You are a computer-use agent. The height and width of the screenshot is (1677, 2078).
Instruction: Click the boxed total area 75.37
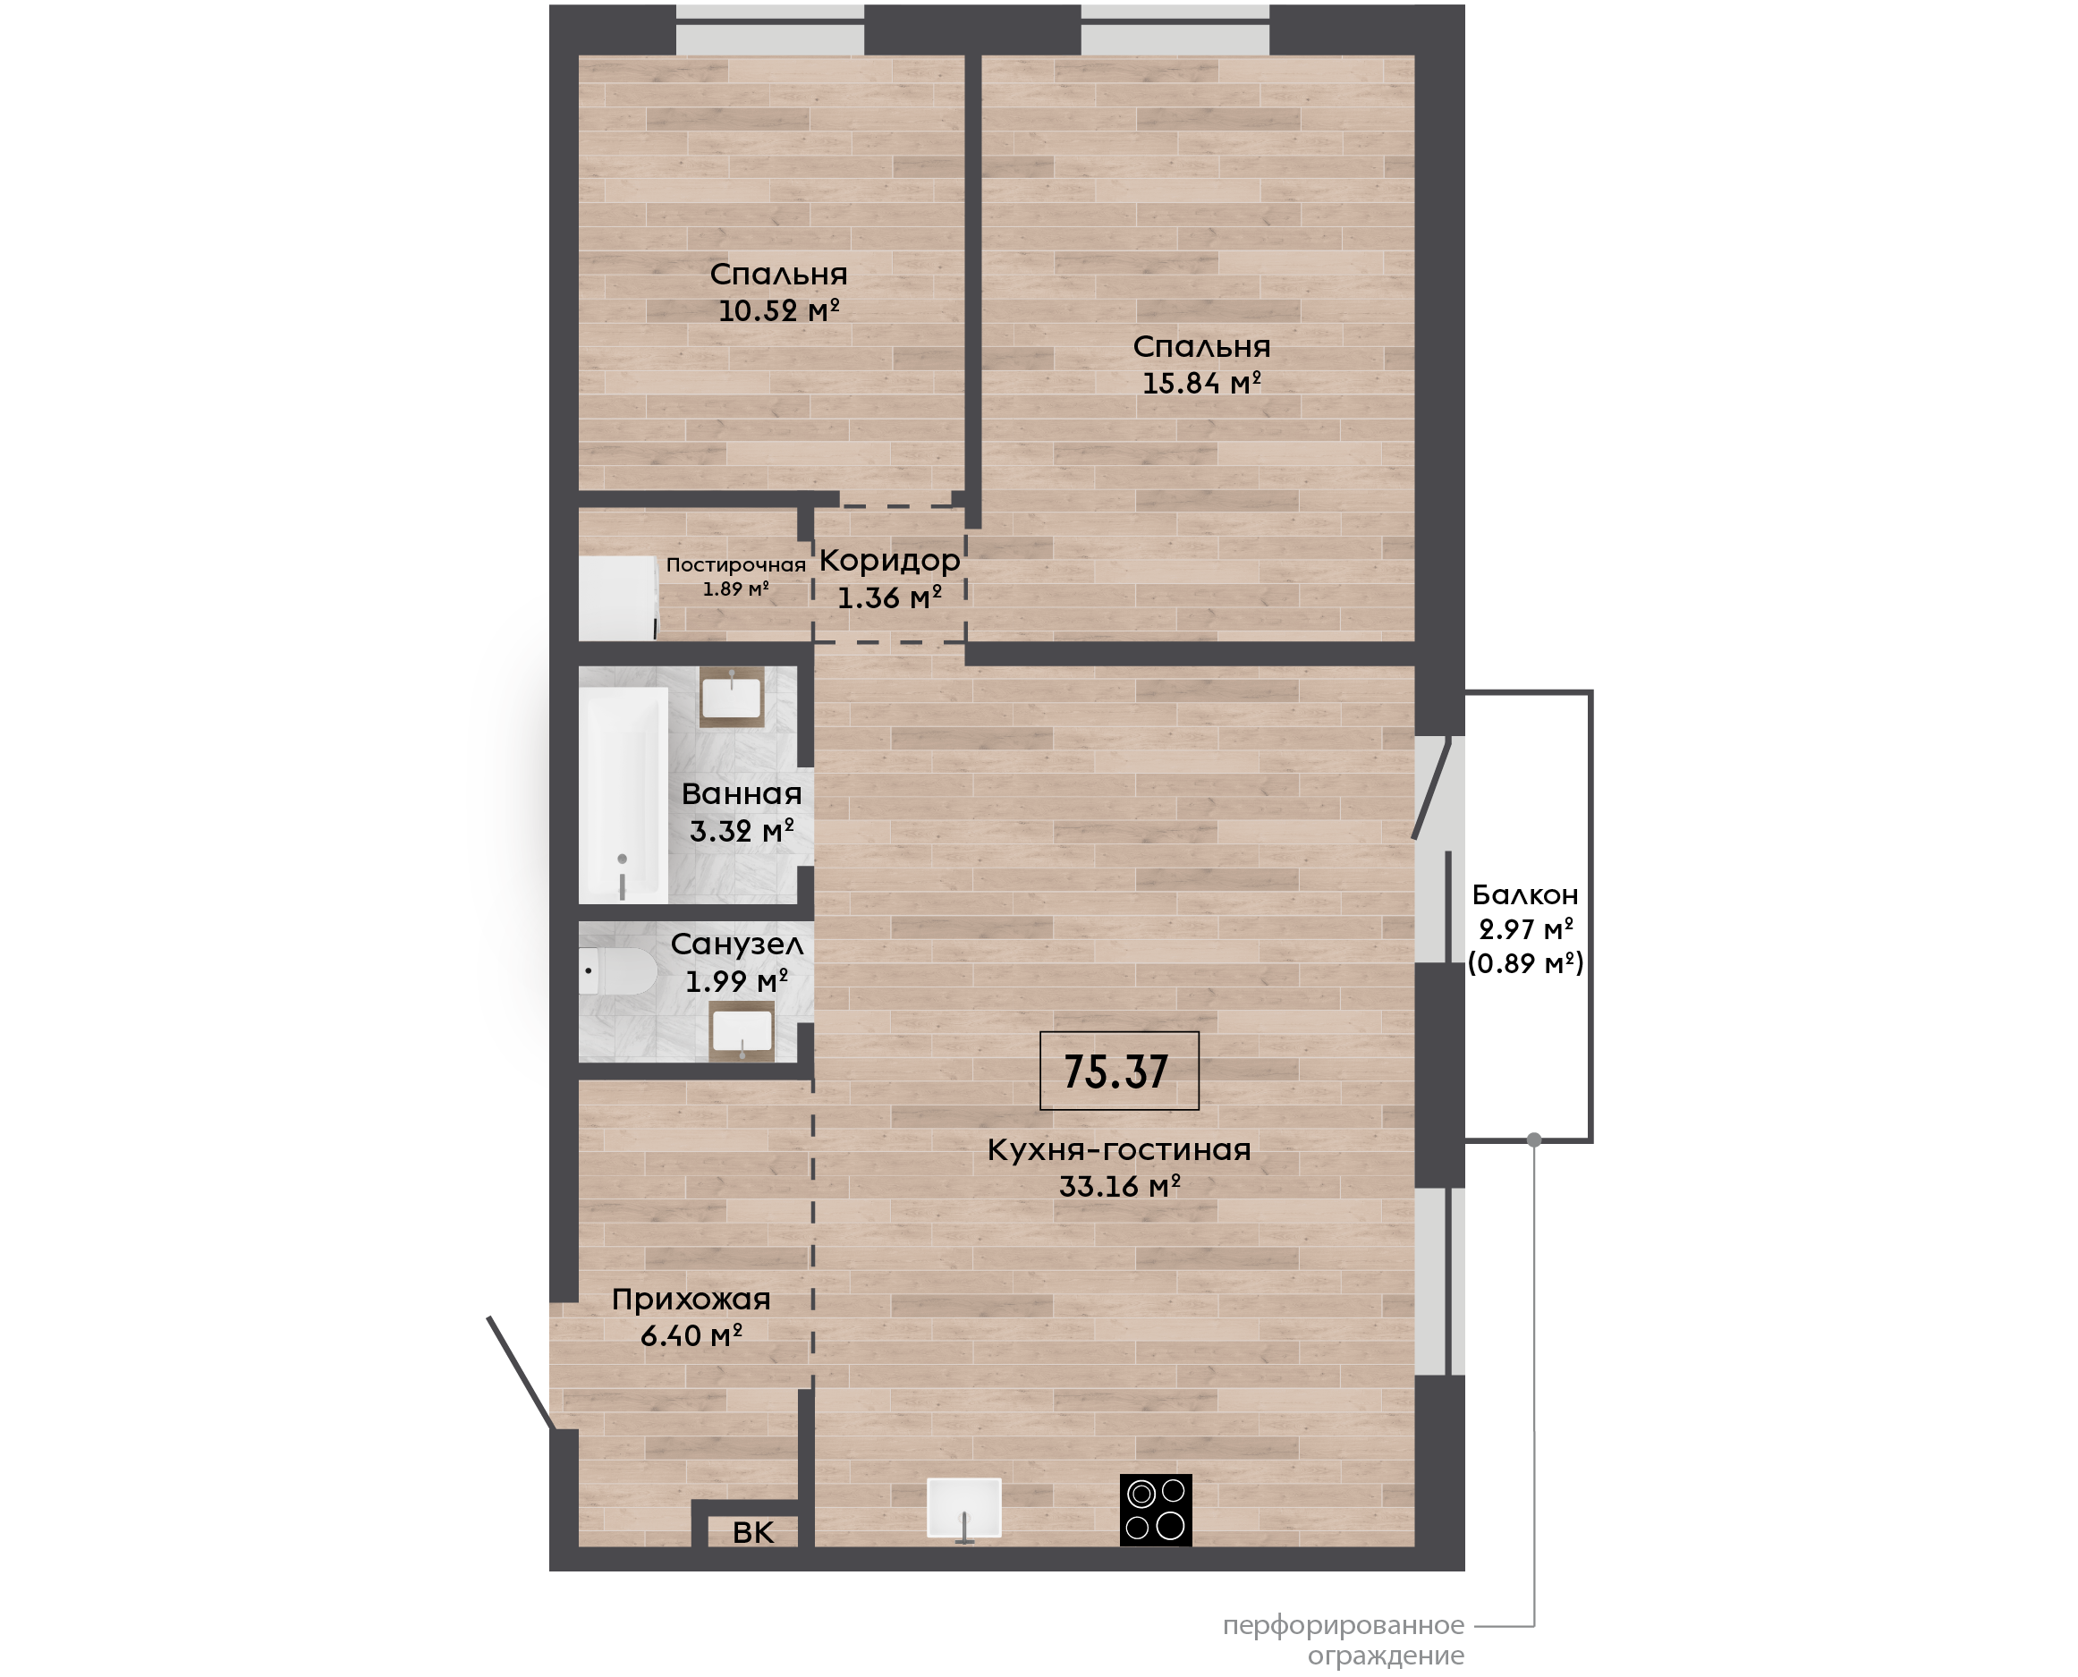click(x=1119, y=1071)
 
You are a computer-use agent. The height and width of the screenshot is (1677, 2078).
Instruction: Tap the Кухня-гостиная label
click(x=1119, y=1149)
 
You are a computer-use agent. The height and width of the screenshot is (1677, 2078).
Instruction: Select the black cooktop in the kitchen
click(x=1156, y=1510)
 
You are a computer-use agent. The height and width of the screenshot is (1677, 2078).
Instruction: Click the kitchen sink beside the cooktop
click(x=964, y=1508)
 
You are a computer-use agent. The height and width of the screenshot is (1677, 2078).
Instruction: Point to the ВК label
click(x=753, y=1532)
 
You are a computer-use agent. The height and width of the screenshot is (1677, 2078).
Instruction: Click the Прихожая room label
click(x=691, y=1300)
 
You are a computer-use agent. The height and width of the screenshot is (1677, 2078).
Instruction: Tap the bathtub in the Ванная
click(x=624, y=795)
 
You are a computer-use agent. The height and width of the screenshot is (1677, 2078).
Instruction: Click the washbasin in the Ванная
click(x=732, y=697)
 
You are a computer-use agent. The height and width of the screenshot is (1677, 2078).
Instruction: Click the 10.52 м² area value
click(x=778, y=311)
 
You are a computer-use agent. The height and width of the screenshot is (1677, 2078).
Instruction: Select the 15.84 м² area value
click(x=1201, y=384)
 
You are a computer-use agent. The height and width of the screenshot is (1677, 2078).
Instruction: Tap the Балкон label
click(x=1525, y=894)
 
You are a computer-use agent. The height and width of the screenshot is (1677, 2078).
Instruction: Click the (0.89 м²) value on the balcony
click(x=1525, y=963)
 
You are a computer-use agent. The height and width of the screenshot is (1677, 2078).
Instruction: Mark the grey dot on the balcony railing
click(x=1534, y=1139)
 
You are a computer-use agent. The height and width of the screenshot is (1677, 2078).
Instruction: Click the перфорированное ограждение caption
click(x=1344, y=1640)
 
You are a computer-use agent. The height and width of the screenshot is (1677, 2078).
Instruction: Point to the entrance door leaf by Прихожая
click(x=521, y=1373)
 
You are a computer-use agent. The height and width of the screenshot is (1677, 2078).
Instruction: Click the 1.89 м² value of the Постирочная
click(x=736, y=589)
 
